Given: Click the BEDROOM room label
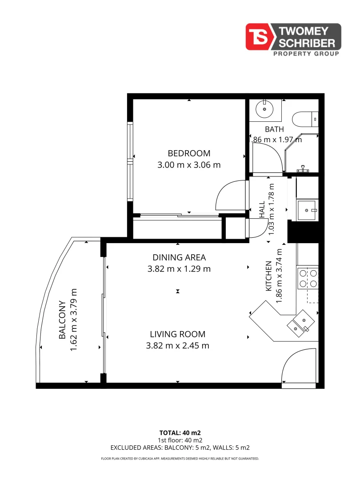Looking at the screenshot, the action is tap(189, 153).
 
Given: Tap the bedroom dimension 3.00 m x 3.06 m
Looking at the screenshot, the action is tap(189, 165).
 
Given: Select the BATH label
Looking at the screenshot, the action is tap(274, 129).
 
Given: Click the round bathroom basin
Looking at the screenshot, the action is tap(264, 109).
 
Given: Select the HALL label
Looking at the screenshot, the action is tap(262, 209).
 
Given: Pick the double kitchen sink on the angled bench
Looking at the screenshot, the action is tap(300, 324).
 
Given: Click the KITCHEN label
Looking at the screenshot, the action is tap(268, 276).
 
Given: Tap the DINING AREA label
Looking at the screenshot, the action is tap(179, 257).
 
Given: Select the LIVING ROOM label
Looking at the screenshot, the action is tap(177, 334).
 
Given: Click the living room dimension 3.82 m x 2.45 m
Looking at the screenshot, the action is tap(177, 346).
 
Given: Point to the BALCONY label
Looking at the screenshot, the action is tap(62, 320).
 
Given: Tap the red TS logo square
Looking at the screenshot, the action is tap(258, 36).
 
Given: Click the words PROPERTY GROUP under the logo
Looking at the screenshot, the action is tap(306, 54).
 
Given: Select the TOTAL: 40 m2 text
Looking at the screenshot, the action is tap(180, 433).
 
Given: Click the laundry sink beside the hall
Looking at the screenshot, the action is tap(307, 210).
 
